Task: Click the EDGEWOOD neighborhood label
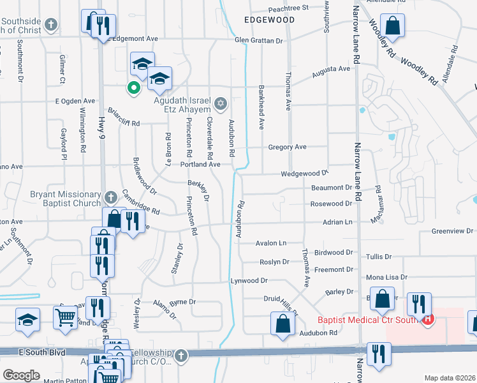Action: point(270,20)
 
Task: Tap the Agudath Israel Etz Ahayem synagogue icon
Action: point(221,103)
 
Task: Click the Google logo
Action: point(21,375)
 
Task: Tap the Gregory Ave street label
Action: point(287,147)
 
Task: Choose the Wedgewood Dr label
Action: point(304,174)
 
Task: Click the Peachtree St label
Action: point(288,8)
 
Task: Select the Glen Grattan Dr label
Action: point(258,40)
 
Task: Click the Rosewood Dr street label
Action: point(331,204)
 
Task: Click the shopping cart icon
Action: point(65,316)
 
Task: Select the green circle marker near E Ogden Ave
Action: point(134,87)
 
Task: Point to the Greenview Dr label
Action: point(450,231)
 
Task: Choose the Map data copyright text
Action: point(450,378)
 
